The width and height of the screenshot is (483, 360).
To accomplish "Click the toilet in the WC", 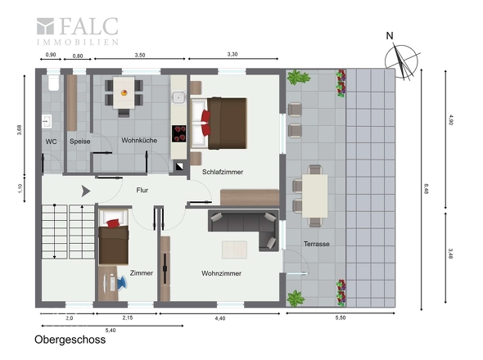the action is [x=53, y=83].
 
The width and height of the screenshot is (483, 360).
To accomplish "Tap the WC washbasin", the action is [x=47, y=121].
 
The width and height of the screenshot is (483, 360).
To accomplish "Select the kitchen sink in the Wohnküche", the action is [x=178, y=97].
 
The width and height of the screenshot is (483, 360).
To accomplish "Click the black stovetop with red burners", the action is [x=179, y=133].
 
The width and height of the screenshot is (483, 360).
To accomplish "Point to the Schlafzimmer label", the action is [x=223, y=172].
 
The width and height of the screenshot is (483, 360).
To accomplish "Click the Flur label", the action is [x=142, y=191].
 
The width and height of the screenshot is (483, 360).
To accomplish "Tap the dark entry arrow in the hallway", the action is [x=86, y=191].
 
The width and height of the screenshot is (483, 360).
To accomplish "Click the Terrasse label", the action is [x=316, y=244].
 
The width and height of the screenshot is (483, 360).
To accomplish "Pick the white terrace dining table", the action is [x=314, y=196].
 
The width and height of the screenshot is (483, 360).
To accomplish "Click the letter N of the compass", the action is [x=390, y=36].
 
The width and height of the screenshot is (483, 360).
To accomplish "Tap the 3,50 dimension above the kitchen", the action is [x=140, y=55].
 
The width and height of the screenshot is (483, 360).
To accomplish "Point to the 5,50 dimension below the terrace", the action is [x=341, y=317].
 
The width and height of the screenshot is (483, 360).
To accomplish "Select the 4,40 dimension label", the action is [x=220, y=318].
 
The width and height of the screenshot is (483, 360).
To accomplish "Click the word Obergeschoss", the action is [x=70, y=340].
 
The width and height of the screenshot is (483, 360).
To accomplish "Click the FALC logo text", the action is [x=88, y=26].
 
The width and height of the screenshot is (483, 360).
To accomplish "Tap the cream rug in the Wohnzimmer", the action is [x=234, y=250].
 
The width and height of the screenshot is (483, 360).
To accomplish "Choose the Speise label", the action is [x=79, y=142].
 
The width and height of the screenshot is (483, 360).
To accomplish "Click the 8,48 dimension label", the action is [x=426, y=188].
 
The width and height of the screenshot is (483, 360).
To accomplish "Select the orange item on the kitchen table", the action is [x=124, y=92].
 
